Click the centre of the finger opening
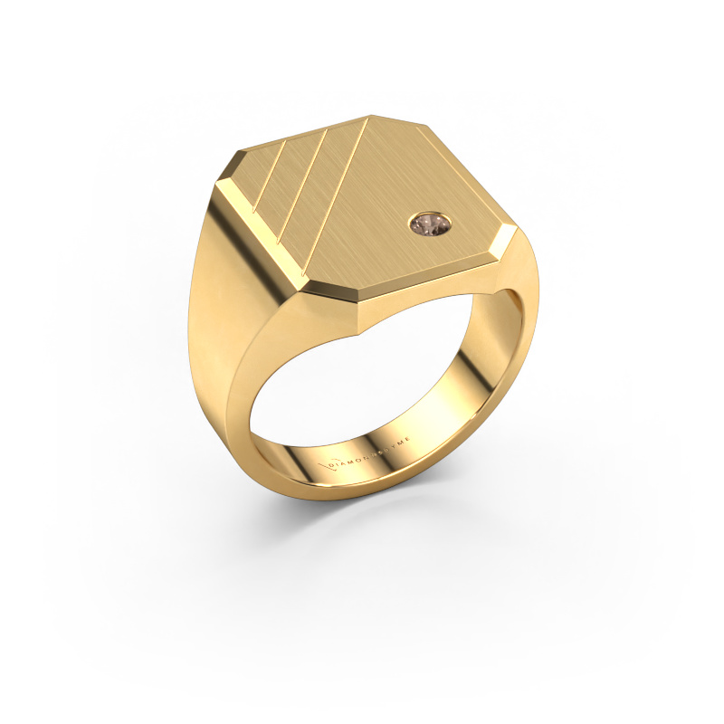click(371, 389)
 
